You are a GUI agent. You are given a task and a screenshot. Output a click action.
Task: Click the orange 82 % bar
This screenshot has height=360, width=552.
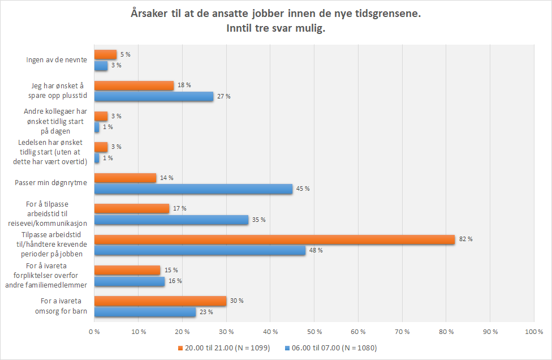(274, 239)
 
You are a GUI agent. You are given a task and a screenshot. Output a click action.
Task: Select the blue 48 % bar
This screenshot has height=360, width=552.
(200, 250)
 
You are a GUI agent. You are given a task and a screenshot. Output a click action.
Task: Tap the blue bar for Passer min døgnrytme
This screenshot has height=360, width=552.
(193, 188)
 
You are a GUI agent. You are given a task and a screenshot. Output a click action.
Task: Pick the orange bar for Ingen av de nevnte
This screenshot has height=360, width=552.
(105, 55)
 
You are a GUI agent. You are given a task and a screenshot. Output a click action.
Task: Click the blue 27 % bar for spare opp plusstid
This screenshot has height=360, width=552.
(154, 96)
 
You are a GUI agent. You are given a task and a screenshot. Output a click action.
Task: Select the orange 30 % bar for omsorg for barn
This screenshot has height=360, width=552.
(160, 301)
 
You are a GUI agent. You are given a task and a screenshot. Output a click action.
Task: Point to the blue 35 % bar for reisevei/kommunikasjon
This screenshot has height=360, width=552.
(171, 219)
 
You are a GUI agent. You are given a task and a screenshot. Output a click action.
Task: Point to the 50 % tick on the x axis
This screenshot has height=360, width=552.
(314, 331)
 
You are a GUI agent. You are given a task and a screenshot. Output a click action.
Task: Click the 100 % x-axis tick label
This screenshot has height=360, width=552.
(533, 331)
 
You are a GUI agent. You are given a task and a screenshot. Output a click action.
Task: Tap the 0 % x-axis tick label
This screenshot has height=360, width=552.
(94, 331)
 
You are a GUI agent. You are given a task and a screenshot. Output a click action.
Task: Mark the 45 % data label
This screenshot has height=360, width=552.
(303, 188)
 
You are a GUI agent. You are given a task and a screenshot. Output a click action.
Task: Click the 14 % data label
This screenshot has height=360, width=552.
(166, 178)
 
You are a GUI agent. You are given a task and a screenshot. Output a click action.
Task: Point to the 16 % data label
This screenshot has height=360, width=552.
(175, 281)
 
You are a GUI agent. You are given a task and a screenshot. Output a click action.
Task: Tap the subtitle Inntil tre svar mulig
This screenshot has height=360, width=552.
(276, 29)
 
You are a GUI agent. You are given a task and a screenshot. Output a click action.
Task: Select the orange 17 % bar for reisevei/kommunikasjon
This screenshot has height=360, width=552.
(132, 208)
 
